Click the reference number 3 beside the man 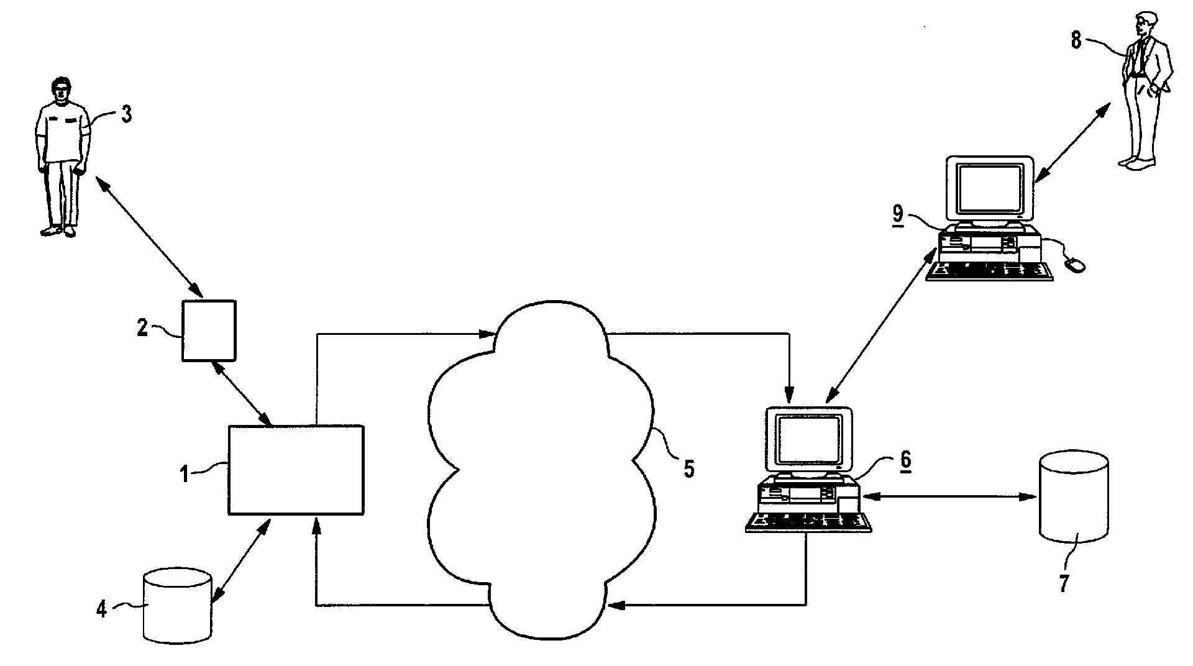pyautogui.click(x=126, y=115)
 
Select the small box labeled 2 pyautogui.click(x=209, y=331)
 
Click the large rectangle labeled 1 pyautogui.click(x=296, y=470)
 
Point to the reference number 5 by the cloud pyautogui.click(x=688, y=468)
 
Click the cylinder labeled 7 pyautogui.click(x=1074, y=497)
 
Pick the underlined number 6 pyautogui.click(x=905, y=460)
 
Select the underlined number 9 pyautogui.click(x=898, y=213)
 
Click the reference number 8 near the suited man pyautogui.click(x=1076, y=41)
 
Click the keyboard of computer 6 pyautogui.click(x=808, y=523)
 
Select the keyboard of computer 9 pyautogui.click(x=989, y=271)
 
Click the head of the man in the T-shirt pyautogui.click(x=60, y=89)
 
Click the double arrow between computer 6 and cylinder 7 pyautogui.click(x=949, y=496)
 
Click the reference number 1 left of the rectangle pyautogui.click(x=184, y=474)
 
